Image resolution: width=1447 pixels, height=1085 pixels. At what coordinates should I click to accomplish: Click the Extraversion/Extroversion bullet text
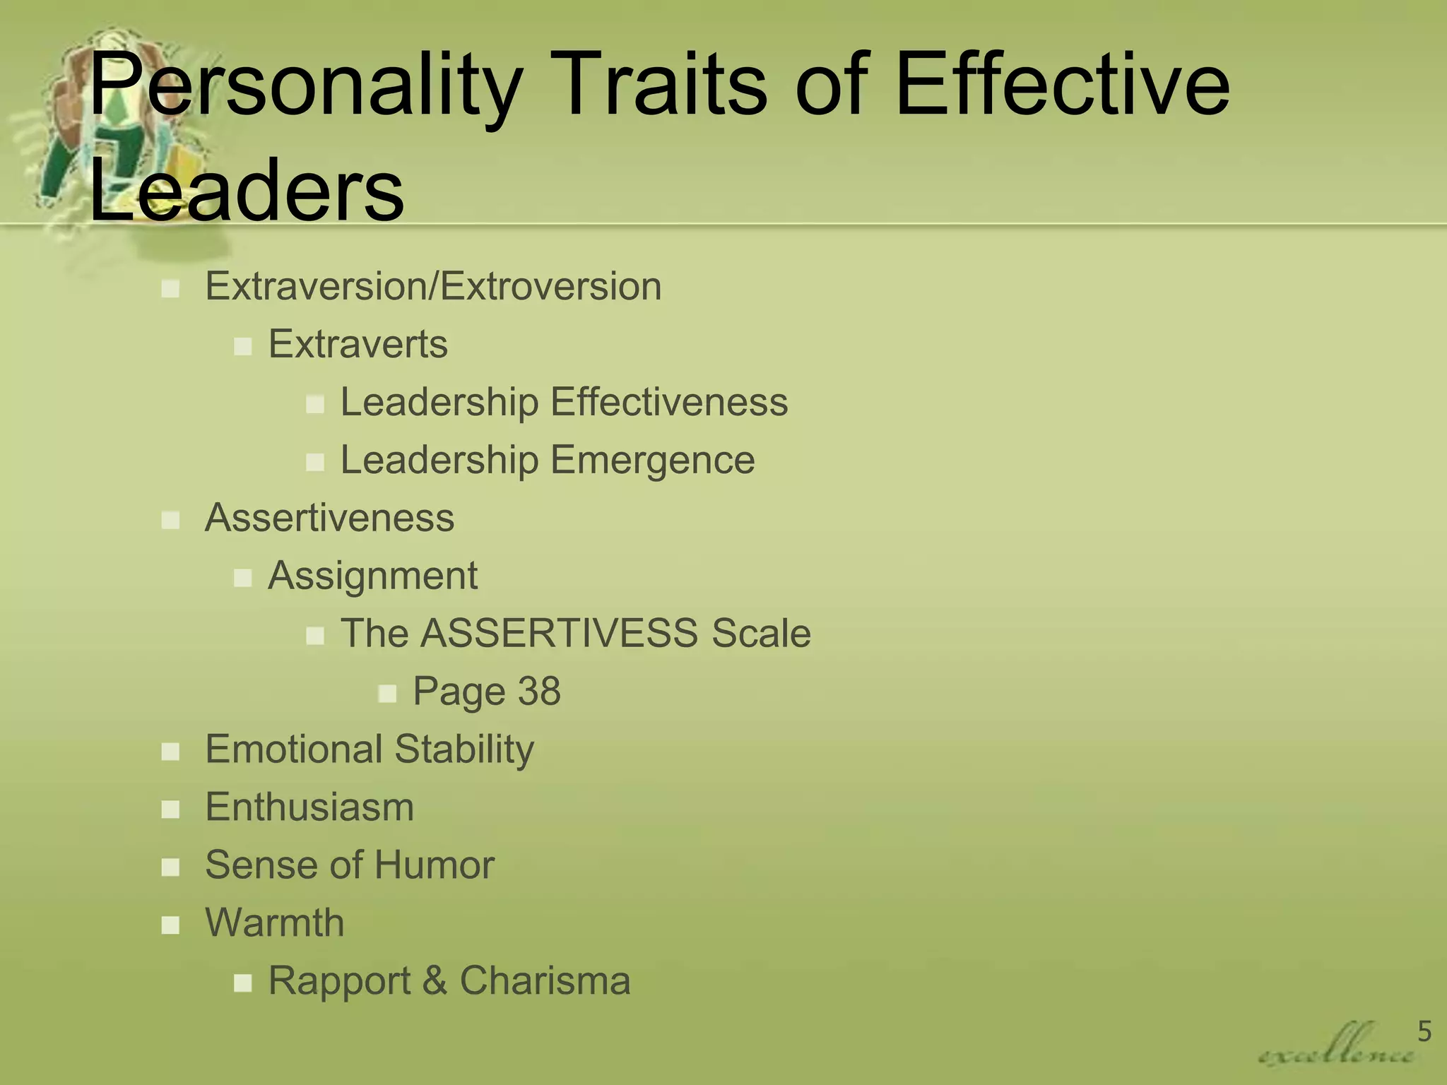433,287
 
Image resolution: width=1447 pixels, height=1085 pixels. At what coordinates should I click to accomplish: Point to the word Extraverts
358,345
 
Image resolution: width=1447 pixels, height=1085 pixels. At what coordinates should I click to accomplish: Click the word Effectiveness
669,403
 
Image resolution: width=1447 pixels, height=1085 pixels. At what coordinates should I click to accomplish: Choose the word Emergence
653,461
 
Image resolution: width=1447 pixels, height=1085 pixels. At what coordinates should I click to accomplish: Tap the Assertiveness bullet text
329,518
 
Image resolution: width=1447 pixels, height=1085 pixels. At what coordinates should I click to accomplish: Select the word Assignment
372,576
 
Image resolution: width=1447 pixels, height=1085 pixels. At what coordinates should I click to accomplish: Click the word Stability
464,749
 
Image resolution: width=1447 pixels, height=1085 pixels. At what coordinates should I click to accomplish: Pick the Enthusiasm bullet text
309,807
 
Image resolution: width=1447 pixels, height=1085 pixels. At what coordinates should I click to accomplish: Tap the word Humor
434,865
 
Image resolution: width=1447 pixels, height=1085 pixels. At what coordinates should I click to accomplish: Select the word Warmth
274,923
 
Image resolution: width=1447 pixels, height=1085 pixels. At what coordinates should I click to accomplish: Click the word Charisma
545,980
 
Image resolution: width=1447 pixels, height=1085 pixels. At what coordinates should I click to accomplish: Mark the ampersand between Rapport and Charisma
435,981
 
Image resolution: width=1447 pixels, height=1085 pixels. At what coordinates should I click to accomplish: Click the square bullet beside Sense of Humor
170,867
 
